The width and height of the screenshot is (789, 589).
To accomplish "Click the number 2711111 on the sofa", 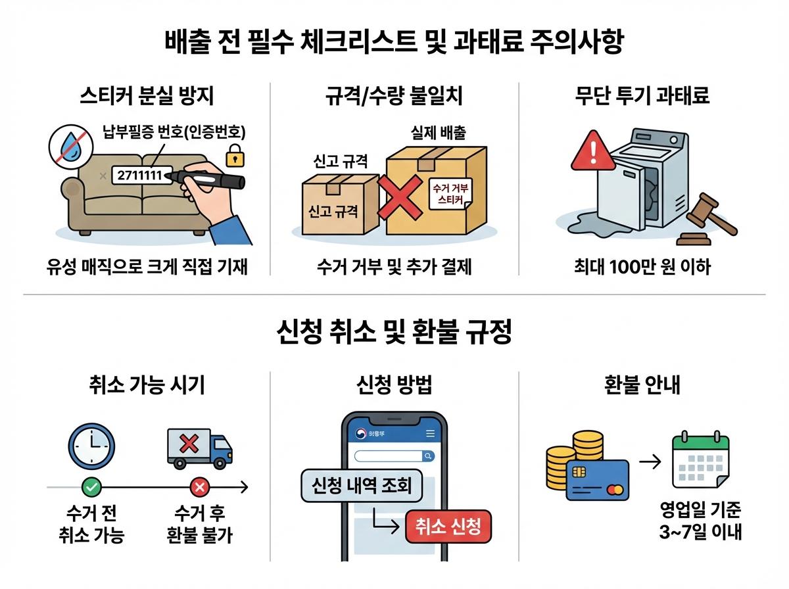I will click(140, 176).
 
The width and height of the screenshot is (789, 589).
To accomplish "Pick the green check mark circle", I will click(91, 487).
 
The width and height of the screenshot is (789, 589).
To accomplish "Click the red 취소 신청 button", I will click(448, 527).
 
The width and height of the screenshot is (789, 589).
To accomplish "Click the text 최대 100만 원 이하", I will click(641, 268).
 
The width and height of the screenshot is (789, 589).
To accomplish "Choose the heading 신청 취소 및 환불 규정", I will click(394, 333).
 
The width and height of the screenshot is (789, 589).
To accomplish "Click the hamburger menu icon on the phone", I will click(431, 434).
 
